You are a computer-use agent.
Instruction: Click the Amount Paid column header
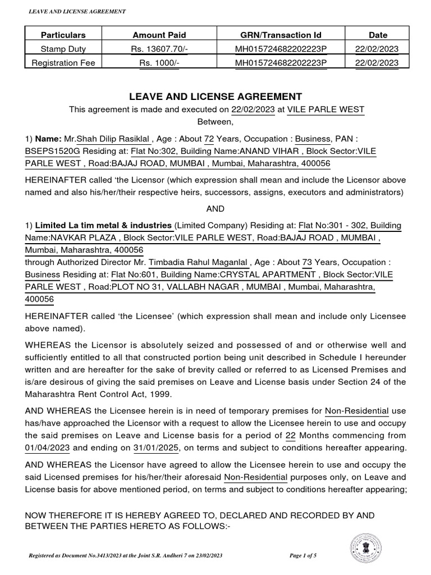pyautogui.click(x=159, y=35)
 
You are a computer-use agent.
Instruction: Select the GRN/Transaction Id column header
pyautogui.click(x=280, y=35)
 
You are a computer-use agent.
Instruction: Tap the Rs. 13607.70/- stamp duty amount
pyautogui.click(x=159, y=49)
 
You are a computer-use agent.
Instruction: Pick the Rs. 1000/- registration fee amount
pyautogui.click(x=159, y=63)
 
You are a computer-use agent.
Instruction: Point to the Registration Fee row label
pyautogui.click(x=63, y=63)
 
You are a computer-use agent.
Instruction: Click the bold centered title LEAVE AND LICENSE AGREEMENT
pyautogui.click(x=215, y=97)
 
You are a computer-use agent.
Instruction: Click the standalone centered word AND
pyautogui.click(x=215, y=209)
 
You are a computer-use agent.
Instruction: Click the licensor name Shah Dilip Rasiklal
pyautogui.click(x=113, y=138)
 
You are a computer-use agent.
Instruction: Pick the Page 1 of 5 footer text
pyautogui.click(x=303, y=555)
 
